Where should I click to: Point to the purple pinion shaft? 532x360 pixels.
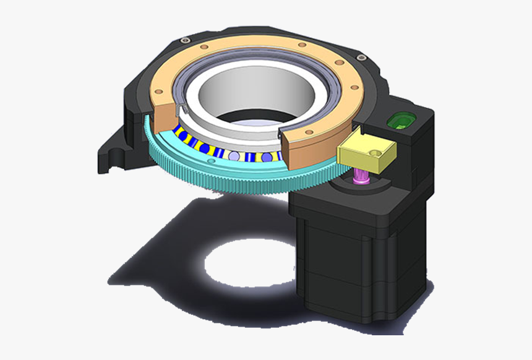coord(359,180)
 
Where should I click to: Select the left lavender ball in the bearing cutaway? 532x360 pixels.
coord(233,156)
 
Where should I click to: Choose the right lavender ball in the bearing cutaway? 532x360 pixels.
coord(267,158)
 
